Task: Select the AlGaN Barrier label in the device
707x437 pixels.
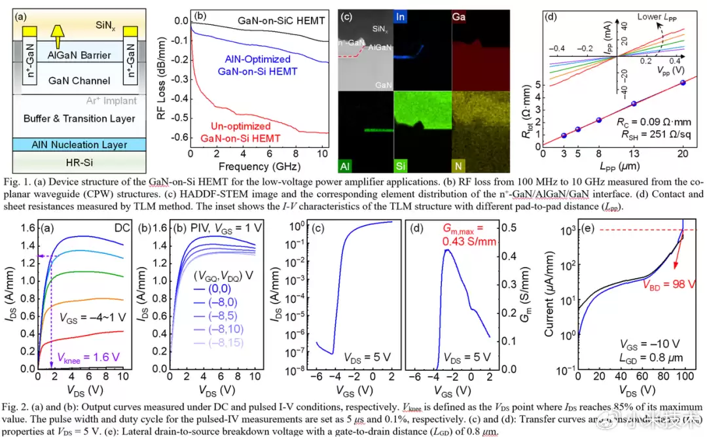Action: point(79,55)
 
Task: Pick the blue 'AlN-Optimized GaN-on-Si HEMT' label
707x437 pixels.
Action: point(254,65)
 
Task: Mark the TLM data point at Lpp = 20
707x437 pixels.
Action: point(682,82)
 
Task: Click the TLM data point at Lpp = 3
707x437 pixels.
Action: point(563,135)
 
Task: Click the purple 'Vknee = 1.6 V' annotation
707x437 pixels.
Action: point(89,357)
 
